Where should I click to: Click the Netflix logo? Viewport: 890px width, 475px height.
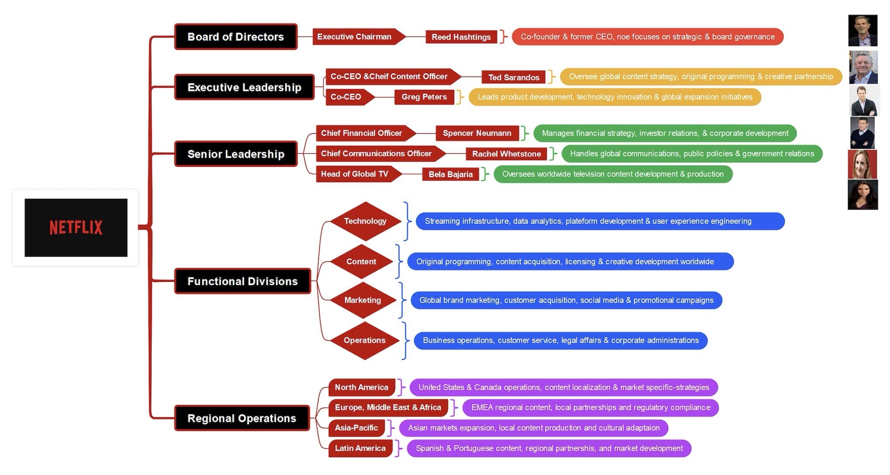76,227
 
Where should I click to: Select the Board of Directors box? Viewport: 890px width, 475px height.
236,37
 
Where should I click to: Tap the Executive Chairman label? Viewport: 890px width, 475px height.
355,37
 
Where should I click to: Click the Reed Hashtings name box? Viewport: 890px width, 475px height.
461,37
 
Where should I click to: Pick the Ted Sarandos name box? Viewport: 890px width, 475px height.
514,77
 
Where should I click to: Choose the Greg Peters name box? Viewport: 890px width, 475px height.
424,97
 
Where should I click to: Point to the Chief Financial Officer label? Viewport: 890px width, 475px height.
362,133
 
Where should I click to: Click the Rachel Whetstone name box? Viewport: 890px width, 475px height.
506,154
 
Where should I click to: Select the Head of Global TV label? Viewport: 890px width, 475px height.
355,174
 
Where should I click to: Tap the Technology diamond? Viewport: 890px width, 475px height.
365,221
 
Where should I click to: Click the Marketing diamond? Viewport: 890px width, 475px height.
362,300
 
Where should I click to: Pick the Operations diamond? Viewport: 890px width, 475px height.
364,340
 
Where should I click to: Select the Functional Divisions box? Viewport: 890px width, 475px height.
242,281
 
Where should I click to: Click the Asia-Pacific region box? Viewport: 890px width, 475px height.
356,428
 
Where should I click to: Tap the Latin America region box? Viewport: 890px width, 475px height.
360,448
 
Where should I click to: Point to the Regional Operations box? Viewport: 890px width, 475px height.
242,418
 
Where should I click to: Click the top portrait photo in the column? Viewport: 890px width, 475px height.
862,31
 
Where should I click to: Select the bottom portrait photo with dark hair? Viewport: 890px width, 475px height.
862,195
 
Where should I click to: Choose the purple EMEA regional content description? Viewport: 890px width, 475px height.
590,407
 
